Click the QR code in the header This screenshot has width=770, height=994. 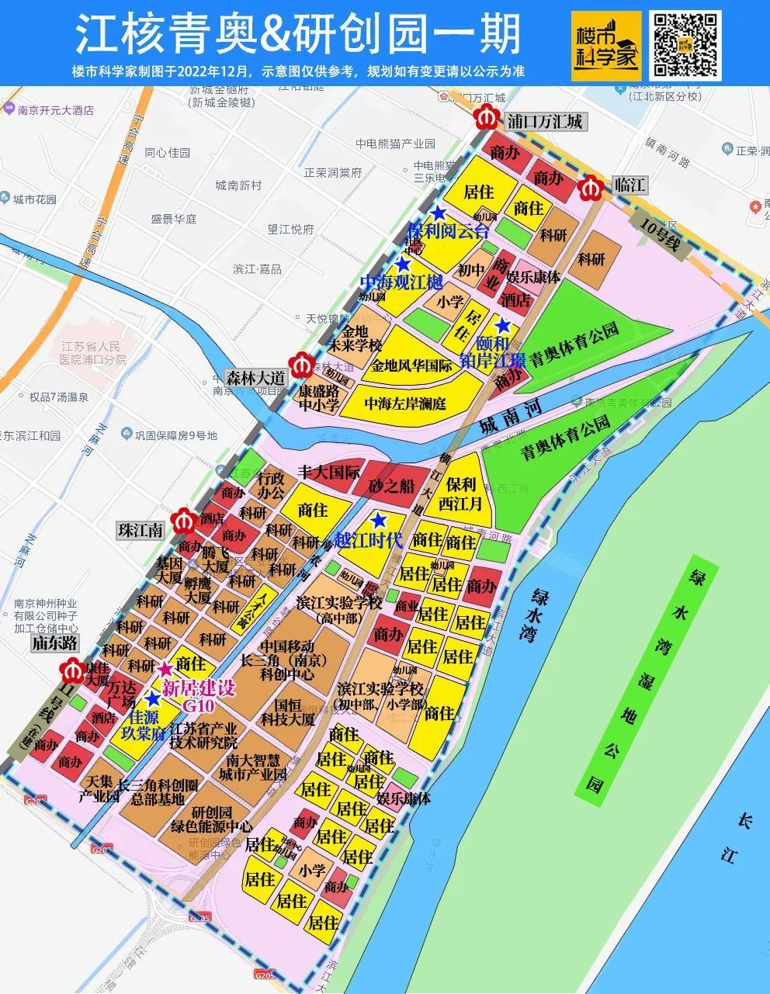click(x=685, y=46)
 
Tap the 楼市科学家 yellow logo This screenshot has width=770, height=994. click(x=606, y=46)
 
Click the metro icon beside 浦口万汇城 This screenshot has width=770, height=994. click(x=487, y=121)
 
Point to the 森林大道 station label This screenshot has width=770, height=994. click(x=255, y=378)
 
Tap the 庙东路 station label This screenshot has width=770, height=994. click(x=54, y=643)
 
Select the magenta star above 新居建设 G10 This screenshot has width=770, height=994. click(x=165, y=670)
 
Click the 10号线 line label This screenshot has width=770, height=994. click(x=660, y=233)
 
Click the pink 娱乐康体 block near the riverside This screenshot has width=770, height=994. click(x=403, y=797)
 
